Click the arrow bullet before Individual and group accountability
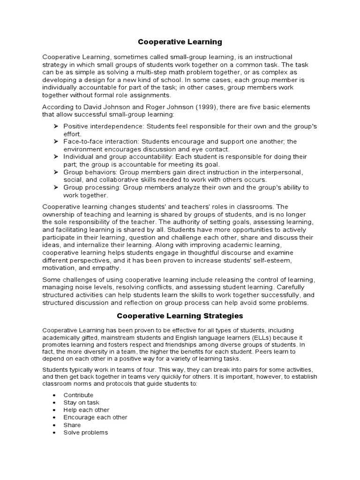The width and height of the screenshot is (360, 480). coord(55,157)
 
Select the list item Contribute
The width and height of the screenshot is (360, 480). coord(78,395)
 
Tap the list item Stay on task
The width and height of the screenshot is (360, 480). coord(81,403)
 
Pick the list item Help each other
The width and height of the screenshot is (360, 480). coord(86,410)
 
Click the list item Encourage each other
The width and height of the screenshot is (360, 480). coord(95,417)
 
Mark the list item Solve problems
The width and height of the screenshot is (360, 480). coord(85,432)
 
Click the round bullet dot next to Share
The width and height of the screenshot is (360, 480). coord(55,425)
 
